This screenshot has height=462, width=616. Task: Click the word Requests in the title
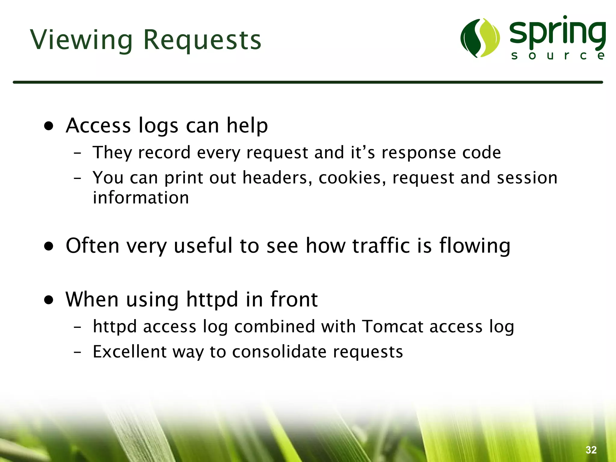pos(202,40)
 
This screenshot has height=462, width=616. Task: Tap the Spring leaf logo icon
pos(480,38)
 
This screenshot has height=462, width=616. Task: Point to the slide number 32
pos(591,450)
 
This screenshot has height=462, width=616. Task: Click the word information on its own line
pos(141,198)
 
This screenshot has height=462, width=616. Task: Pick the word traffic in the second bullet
pos(381,245)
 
